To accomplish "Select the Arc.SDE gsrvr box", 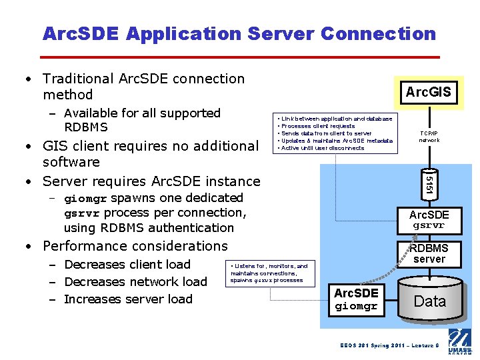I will (429, 220).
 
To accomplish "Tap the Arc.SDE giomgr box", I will (356, 299).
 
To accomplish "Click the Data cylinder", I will (430, 300).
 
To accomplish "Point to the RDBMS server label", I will (429, 253).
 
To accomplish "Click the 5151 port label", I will (429, 186).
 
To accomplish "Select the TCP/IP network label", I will (429, 135).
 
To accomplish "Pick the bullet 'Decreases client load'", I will (127, 265).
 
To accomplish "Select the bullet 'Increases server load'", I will (128, 299).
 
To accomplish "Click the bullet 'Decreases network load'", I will (135, 282).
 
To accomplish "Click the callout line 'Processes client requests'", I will (319, 126).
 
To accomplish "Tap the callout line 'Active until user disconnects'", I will (323, 148).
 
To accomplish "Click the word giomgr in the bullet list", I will (85, 199).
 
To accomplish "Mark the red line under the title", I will (241, 57).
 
